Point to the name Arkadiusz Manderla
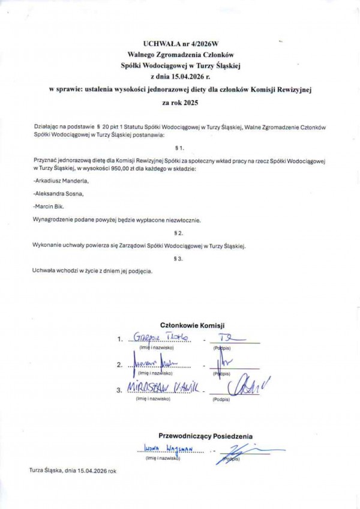pyautogui.click(x=61, y=181)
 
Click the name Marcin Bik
pyautogui.click(x=50, y=206)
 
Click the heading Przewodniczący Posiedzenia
pyautogui.click(x=205, y=436)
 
